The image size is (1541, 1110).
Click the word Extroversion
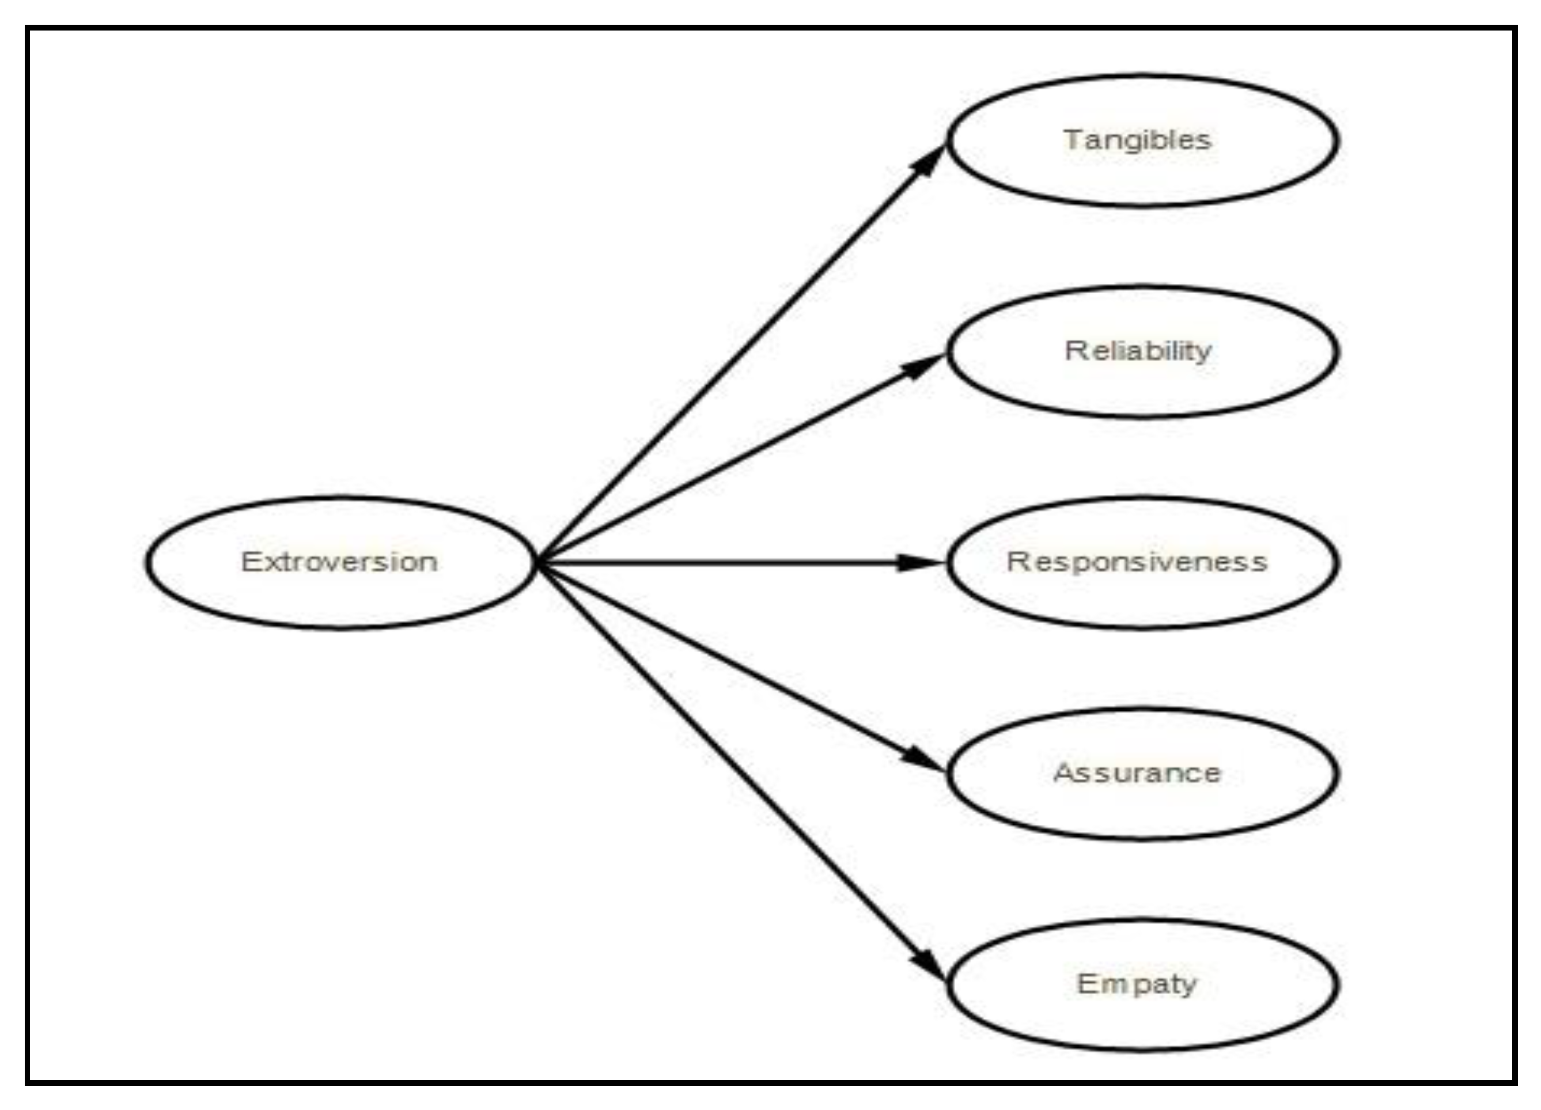coord(339,562)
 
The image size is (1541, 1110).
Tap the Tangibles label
coord(1137,140)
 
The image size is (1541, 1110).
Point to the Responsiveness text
coord(1137,562)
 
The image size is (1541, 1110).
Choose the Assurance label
coord(1137,773)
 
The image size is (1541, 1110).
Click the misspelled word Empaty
coord(1137,984)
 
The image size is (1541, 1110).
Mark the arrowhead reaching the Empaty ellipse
coord(928,963)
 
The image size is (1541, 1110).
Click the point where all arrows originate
coord(538,562)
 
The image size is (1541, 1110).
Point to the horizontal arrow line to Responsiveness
coord(720,562)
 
